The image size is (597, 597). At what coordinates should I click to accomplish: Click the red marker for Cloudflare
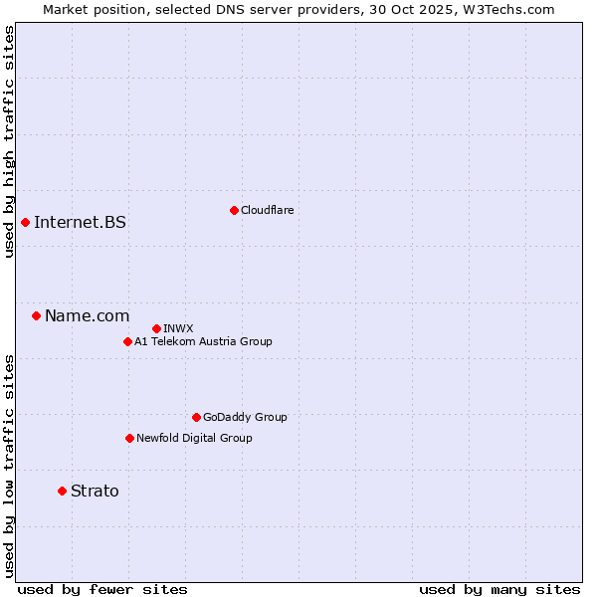[x=234, y=210]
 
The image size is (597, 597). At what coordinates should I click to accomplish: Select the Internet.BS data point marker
[x=25, y=222]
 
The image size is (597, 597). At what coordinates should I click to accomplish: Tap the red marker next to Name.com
[x=36, y=316]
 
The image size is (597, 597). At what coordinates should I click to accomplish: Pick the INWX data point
[x=157, y=328]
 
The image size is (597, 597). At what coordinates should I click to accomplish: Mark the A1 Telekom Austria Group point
[x=127, y=341]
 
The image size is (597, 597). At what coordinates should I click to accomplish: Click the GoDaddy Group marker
[x=196, y=417]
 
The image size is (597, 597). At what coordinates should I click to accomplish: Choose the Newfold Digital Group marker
[x=129, y=438]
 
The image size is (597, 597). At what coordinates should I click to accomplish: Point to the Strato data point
[x=62, y=491]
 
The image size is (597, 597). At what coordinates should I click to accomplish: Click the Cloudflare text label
[x=268, y=210]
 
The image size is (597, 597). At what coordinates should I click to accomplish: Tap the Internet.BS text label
[x=80, y=222]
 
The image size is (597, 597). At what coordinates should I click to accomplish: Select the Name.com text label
[x=87, y=316]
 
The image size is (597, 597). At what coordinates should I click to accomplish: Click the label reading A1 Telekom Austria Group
[x=203, y=341]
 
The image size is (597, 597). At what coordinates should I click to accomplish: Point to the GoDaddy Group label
[x=245, y=417]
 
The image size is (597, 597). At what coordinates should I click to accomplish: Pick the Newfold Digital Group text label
[x=194, y=438]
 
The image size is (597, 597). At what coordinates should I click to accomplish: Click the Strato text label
[x=95, y=491]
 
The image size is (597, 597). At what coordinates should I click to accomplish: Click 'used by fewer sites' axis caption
[x=102, y=589]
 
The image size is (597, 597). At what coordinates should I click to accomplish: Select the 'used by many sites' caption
[x=499, y=589]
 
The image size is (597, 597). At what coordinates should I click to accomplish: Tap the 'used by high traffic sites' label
[x=9, y=141]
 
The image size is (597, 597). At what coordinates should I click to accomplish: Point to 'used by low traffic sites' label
[x=9, y=465]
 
